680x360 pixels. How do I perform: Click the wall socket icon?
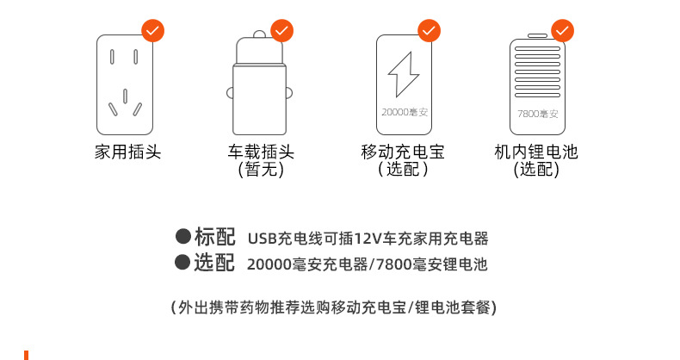pyautogui.click(x=127, y=84)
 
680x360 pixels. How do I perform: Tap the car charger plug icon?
pyautogui.click(x=260, y=86)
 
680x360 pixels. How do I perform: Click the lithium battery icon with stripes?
pyautogui.click(x=536, y=86)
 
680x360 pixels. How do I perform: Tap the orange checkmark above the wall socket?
pyautogui.click(x=152, y=31)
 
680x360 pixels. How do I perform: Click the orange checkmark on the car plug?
pyautogui.click(x=282, y=31)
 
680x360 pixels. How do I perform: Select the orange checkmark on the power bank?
pyautogui.click(x=430, y=31)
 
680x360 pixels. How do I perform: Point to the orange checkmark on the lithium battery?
pyautogui.click(x=562, y=31)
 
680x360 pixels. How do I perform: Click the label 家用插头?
pyautogui.click(x=127, y=152)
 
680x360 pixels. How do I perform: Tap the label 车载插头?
pyautogui.click(x=261, y=152)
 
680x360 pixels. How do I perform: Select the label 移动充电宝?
pyautogui.click(x=403, y=152)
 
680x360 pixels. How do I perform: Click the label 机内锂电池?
pyautogui.click(x=536, y=152)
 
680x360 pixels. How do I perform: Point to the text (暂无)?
pyautogui.click(x=260, y=171)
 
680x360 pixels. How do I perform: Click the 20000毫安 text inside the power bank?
pyautogui.click(x=403, y=112)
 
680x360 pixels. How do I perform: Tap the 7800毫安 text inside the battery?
pyautogui.click(x=537, y=113)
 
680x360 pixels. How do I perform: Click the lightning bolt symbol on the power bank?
pyautogui.click(x=403, y=75)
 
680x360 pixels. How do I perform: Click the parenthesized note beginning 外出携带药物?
pyautogui.click(x=334, y=307)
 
